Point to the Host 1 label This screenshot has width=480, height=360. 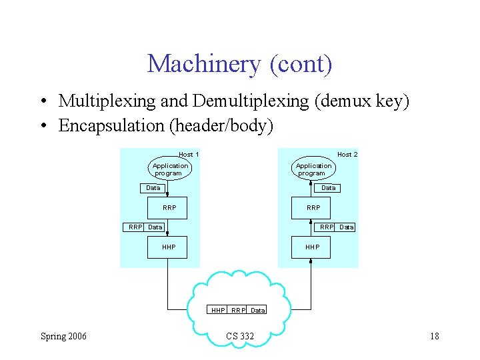pyautogui.click(x=189, y=155)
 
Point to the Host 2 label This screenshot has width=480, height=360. pyautogui.click(x=347, y=155)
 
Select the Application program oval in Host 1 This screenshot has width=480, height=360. pyautogui.click(x=170, y=169)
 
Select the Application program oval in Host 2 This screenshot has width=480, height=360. pyautogui.click(x=313, y=169)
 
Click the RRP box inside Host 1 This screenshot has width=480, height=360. pyautogui.click(x=169, y=207)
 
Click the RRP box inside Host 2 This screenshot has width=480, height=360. pyautogui.click(x=313, y=207)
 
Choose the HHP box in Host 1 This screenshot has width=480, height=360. pyautogui.click(x=169, y=247)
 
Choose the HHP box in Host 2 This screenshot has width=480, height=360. pyautogui.click(x=313, y=247)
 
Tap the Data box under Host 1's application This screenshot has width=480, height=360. pyautogui.click(x=153, y=188)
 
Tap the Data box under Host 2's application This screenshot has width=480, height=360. pyautogui.click(x=329, y=188)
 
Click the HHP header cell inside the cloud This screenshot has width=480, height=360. pyautogui.click(x=218, y=310)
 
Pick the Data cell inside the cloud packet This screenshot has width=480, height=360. pyautogui.click(x=258, y=310)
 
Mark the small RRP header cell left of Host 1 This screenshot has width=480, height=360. pyautogui.click(x=135, y=227)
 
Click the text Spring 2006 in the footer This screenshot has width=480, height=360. pyautogui.click(x=63, y=336)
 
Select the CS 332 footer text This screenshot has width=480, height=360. pyautogui.click(x=240, y=336)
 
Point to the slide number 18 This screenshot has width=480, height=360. pyautogui.click(x=434, y=336)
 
